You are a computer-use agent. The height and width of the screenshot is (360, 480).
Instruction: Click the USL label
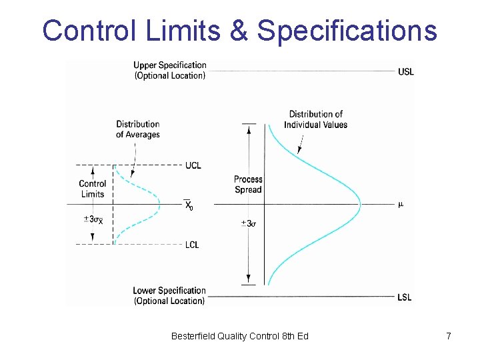pyautogui.click(x=405, y=71)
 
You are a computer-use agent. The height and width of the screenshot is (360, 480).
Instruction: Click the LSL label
pyautogui.click(x=404, y=297)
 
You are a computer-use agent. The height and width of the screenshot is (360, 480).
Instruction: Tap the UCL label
pyautogui.click(x=193, y=165)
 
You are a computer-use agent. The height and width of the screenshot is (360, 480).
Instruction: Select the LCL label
pyautogui.click(x=192, y=245)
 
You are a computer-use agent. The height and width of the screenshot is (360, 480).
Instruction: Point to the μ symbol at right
pyautogui.click(x=401, y=204)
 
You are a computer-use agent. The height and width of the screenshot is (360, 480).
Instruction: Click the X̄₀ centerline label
pyautogui.click(x=189, y=205)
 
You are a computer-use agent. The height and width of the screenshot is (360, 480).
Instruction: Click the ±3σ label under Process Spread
pyautogui.click(x=248, y=223)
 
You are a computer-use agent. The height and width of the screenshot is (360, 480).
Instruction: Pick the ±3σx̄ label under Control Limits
pyautogui.click(x=93, y=220)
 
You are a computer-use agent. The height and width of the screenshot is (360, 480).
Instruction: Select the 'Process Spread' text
pyautogui.click(x=248, y=185)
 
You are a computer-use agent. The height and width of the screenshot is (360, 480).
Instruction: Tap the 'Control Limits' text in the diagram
pyautogui.click(x=93, y=189)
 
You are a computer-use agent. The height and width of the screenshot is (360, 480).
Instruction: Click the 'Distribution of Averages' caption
pyautogui.click(x=138, y=129)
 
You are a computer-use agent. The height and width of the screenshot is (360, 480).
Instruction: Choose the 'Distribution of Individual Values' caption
pyautogui.click(x=315, y=119)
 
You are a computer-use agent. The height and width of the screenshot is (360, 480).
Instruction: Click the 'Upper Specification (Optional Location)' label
pyautogui.click(x=170, y=70)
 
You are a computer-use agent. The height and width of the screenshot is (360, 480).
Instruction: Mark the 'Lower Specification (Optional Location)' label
pyautogui.click(x=169, y=295)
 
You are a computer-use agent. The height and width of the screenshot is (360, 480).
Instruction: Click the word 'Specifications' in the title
pyautogui.click(x=347, y=31)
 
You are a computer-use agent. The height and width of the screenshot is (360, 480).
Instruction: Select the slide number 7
pyautogui.click(x=449, y=336)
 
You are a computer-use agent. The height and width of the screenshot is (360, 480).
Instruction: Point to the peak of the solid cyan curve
pyautogui.click(x=359, y=204)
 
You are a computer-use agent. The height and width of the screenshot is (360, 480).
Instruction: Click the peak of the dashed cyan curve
pyautogui.click(x=159, y=204)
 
